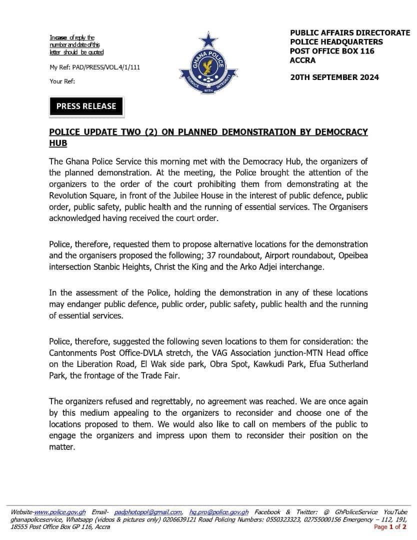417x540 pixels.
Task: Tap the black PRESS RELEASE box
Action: click(86, 106)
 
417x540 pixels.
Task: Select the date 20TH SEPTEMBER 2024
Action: click(334, 77)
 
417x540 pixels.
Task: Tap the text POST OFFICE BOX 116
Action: click(332, 51)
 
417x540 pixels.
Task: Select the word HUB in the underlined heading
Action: click(58, 143)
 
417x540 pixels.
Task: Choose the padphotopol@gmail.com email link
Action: click(148, 512)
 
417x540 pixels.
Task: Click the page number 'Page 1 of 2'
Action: click(390, 526)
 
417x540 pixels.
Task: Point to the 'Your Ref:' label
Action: click(62, 81)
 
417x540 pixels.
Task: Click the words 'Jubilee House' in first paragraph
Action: click(196, 195)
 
